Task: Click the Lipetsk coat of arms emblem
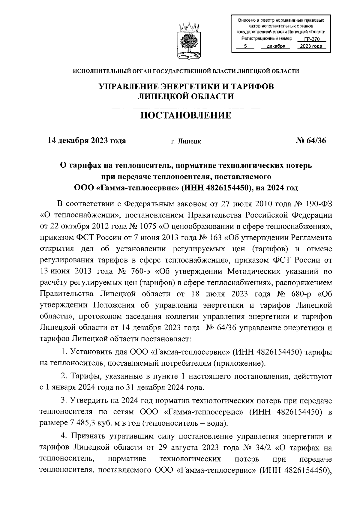click(189, 41)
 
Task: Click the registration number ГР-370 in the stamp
click(312, 39)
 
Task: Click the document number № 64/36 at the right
click(310, 140)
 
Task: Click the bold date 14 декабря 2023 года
click(87, 140)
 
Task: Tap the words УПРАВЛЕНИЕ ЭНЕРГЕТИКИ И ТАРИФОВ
click(186, 87)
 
